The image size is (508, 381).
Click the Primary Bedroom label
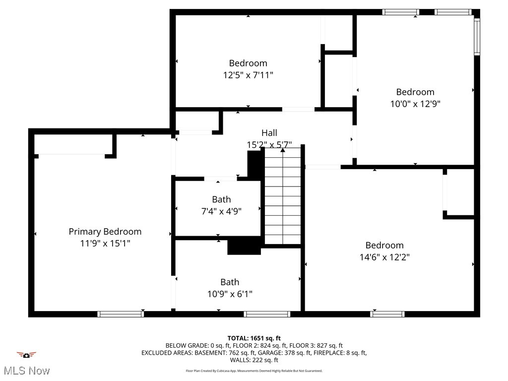pos(105,232)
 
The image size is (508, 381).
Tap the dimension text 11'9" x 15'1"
pos(105,244)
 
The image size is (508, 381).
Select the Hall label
pos(269,133)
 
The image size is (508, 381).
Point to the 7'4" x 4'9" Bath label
pos(221,199)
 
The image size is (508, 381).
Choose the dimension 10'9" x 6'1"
pos(230,294)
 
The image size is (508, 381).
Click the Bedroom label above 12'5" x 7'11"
pos(248,63)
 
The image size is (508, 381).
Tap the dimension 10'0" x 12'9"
pos(415,104)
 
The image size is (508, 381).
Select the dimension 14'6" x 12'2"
pos(384,257)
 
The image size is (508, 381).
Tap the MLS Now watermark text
pos(26,371)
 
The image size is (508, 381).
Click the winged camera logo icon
pos(26,355)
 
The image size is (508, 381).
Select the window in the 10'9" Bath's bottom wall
pos(267,314)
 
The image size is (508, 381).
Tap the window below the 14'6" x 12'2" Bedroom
pos(387,314)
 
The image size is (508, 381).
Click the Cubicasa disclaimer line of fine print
pos(254,371)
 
